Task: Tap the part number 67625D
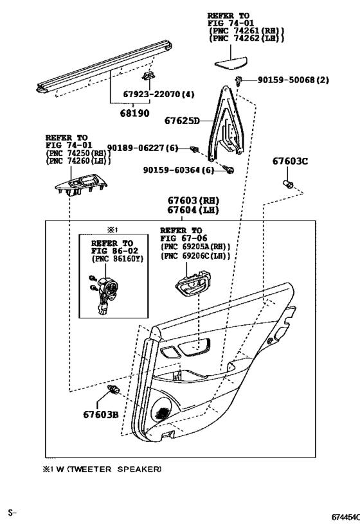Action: point(182,121)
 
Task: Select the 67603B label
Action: point(100,415)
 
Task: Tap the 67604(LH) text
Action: point(193,210)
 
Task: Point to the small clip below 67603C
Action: point(289,185)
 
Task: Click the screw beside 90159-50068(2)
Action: point(239,81)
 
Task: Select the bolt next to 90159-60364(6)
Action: point(230,170)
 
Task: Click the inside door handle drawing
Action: point(194,285)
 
